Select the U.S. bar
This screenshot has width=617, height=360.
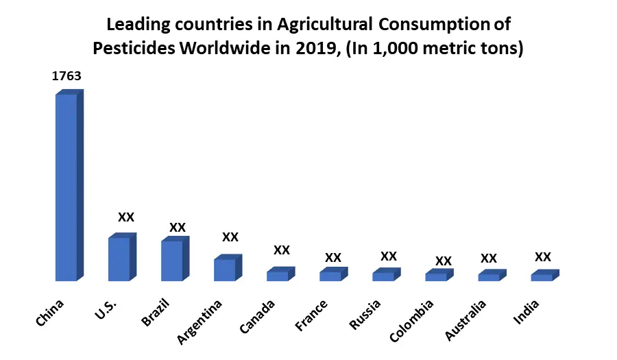click(119, 259)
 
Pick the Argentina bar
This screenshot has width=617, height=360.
click(225, 269)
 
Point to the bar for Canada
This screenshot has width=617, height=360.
click(278, 276)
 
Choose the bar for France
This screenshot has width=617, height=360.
click(330, 276)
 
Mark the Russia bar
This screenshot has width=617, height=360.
click(383, 276)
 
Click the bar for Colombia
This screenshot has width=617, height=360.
click(436, 277)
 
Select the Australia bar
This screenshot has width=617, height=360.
click(489, 277)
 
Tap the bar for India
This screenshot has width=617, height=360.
click(542, 277)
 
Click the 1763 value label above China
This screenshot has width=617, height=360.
click(66, 76)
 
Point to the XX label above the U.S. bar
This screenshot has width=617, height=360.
click(126, 217)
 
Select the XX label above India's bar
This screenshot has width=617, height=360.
click(543, 257)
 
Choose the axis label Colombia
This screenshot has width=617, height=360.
click(412, 320)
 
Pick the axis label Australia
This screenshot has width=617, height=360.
click(465, 320)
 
